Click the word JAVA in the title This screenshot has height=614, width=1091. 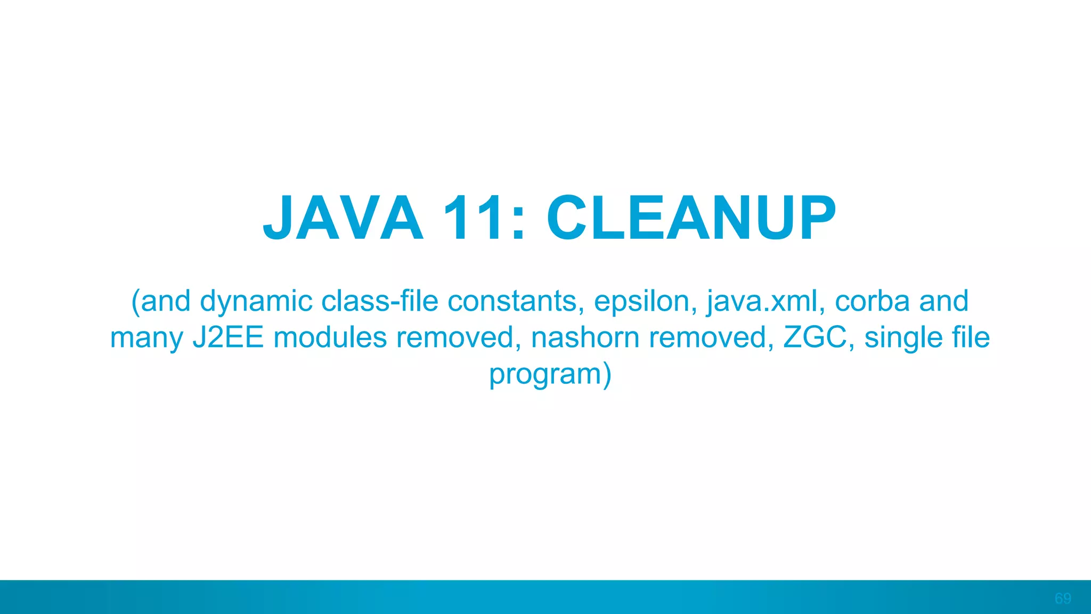point(344,218)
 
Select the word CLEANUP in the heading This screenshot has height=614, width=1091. point(691,218)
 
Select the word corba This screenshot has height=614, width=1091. point(872,301)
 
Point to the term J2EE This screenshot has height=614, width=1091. point(228,337)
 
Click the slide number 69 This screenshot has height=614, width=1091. point(1063,599)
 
